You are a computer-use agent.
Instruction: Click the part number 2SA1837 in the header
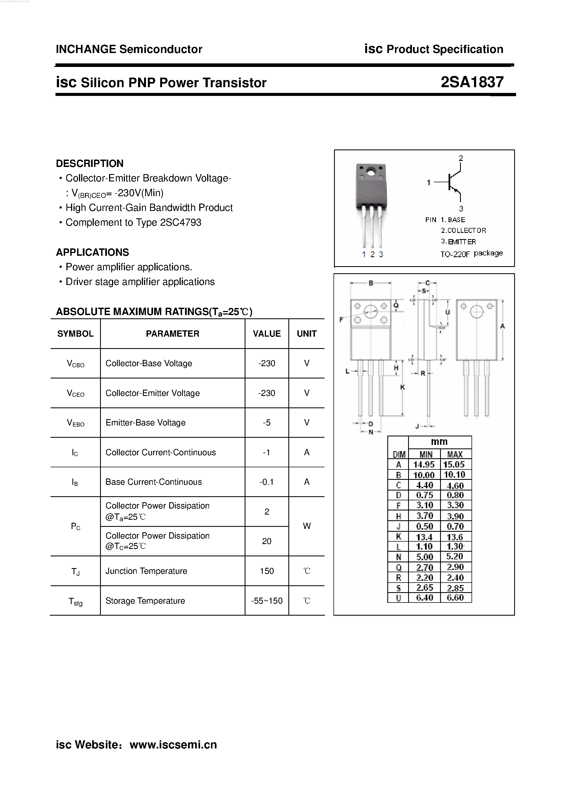[x=472, y=82]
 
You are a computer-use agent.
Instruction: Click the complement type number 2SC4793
[x=180, y=222]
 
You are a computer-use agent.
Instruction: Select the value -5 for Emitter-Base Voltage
[x=267, y=422]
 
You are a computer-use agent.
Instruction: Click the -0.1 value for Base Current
[x=267, y=482]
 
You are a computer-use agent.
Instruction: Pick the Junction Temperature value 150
[x=267, y=571]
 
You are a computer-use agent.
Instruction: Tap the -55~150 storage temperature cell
[x=267, y=601]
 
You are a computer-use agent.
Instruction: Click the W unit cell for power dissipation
[x=306, y=526]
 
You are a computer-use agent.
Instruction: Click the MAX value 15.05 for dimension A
[x=455, y=465]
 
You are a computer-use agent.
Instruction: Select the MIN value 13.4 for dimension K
[x=424, y=537]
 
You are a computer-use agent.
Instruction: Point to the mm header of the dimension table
[x=439, y=442]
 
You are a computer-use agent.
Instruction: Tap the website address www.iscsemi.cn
[x=173, y=745]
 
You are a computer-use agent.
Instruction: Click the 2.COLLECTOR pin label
[x=463, y=230]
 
